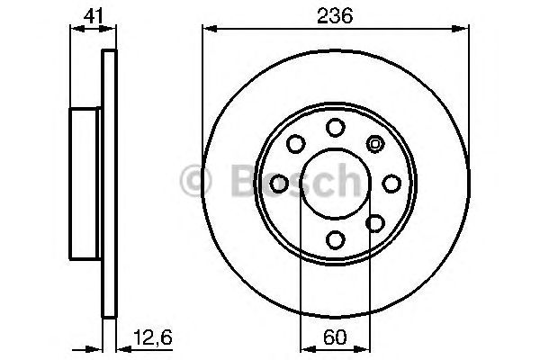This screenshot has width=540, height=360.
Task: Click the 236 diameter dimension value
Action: (335, 15)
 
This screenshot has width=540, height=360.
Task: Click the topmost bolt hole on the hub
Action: (335, 127)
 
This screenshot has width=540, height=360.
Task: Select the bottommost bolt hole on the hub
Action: (335, 238)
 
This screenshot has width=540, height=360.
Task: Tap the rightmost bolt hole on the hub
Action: (391, 183)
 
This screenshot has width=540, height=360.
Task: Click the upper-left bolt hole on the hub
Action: (295, 144)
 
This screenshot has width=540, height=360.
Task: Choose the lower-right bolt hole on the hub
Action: (375, 221)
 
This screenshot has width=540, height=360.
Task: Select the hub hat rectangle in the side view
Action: (87, 183)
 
